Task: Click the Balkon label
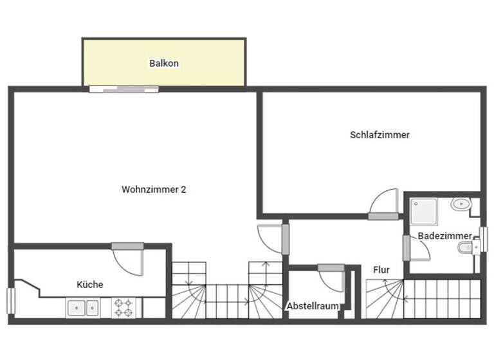click(163, 64)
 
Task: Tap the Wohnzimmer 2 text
click(154, 190)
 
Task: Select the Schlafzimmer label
click(380, 135)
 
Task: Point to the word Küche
click(90, 284)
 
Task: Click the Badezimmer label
click(444, 236)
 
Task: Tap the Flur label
click(381, 270)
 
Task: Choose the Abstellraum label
click(313, 306)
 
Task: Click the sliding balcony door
click(123, 89)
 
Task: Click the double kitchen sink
click(84, 308)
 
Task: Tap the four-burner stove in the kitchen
click(122, 307)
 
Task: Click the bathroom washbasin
click(461, 205)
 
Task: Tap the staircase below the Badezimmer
click(425, 299)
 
